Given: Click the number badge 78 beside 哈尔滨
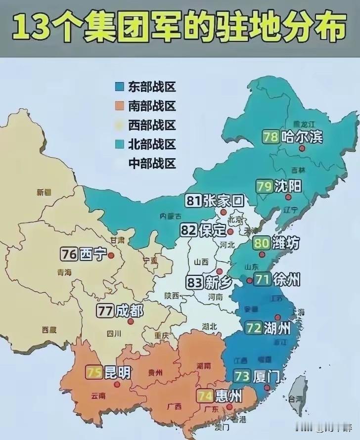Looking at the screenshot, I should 270,136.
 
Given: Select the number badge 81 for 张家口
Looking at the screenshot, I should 193,201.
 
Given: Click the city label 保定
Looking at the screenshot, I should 213,230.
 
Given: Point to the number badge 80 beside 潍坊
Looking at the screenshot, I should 262,243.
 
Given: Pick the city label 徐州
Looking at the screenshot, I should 286,280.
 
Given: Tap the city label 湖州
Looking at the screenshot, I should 277,328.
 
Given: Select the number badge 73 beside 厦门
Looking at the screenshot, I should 242,376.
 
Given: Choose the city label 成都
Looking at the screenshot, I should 129,311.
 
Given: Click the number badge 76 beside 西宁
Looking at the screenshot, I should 68,254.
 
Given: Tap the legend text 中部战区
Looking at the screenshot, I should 152,163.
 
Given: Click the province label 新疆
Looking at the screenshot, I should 44,192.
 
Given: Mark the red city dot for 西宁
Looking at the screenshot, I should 111,256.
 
